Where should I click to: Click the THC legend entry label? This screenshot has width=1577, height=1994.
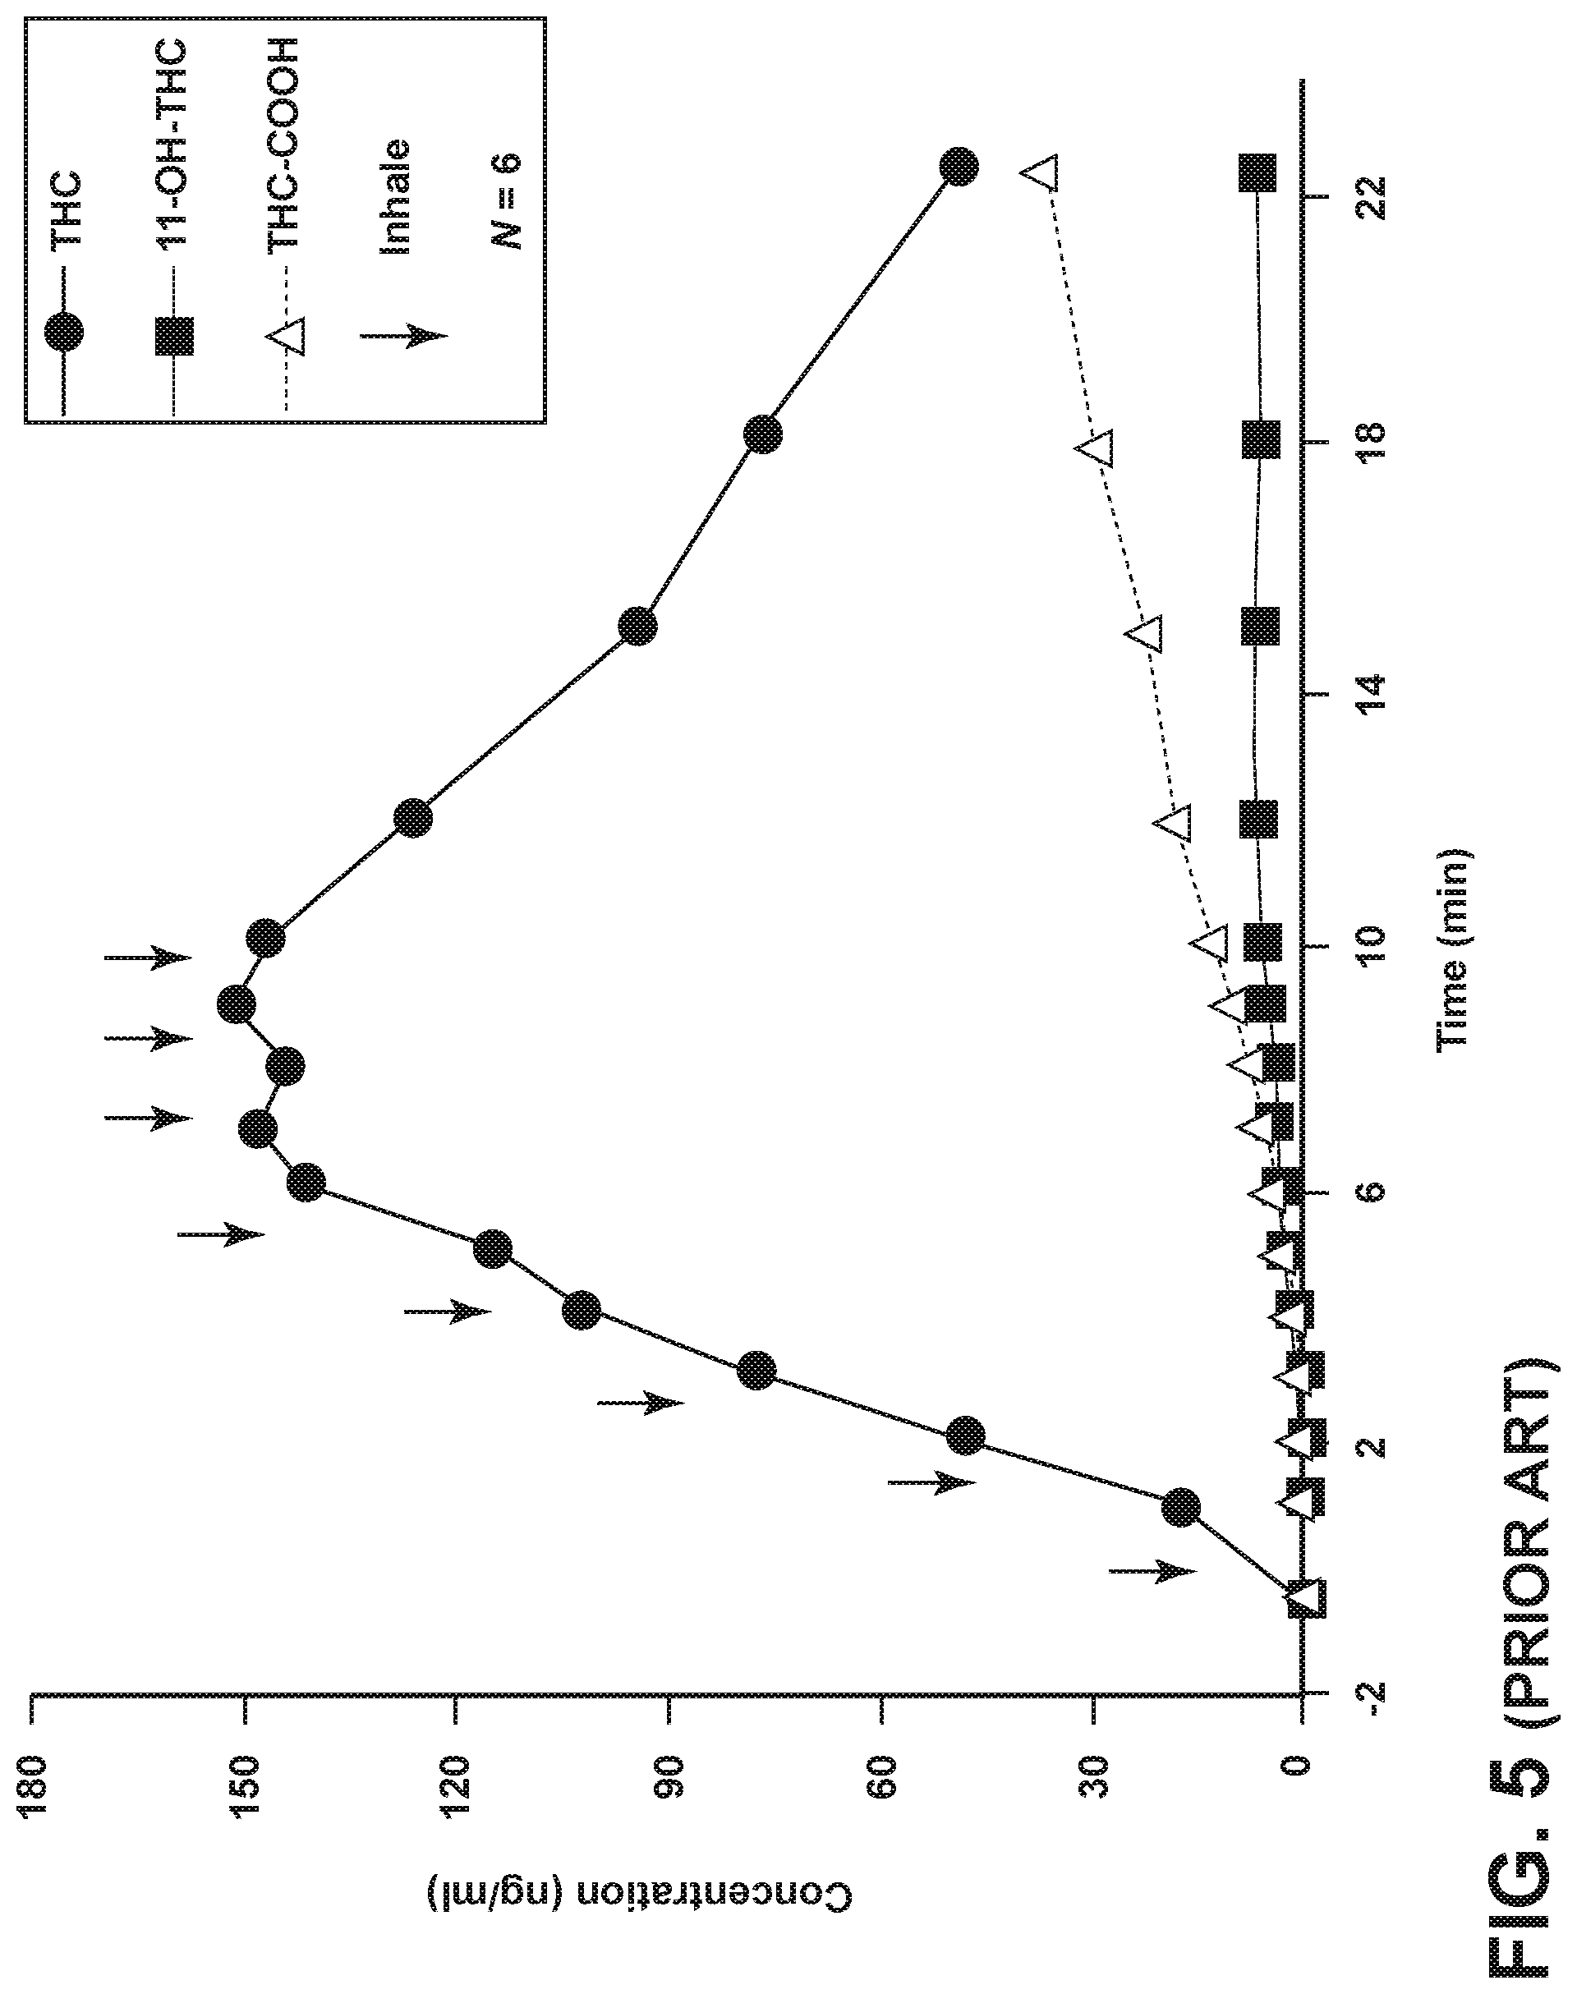69,209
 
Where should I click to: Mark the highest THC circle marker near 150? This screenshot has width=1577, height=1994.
236,1004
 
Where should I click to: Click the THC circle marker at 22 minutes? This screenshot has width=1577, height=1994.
959,166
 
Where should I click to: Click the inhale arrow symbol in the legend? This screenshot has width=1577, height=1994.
403,336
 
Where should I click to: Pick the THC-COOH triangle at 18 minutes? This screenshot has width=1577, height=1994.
1093,447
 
